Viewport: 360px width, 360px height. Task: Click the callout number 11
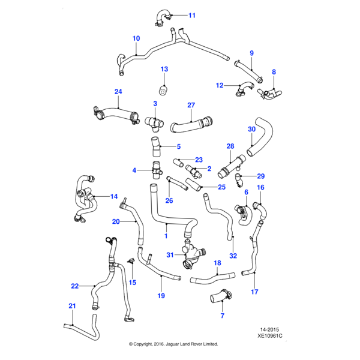(x=191, y=15)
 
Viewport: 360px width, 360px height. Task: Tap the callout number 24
(x=118, y=91)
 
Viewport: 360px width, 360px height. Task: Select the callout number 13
(x=164, y=70)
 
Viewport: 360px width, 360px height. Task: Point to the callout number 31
(x=170, y=255)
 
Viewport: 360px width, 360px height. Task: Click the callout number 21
(x=72, y=307)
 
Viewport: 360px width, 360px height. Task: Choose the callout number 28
(x=230, y=146)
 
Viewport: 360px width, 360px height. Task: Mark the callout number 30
(x=251, y=129)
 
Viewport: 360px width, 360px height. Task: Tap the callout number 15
(x=133, y=282)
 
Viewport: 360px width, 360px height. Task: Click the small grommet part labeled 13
(x=163, y=91)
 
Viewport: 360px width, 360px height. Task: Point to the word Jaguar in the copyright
(x=178, y=344)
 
